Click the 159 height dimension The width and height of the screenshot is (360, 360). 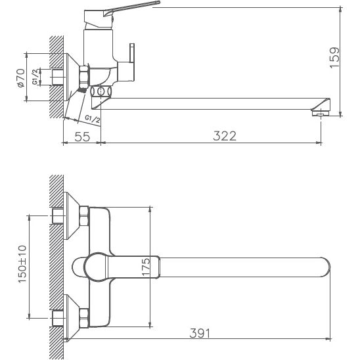(x=334, y=58)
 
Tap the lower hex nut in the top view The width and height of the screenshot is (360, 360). (x=84, y=317)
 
